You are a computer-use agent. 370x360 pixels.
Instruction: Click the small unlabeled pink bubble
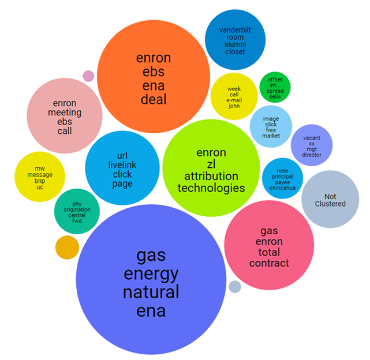[88, 76]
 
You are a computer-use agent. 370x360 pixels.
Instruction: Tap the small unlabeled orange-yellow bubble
[67, 247]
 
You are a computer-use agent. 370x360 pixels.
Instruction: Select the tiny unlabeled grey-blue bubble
[234, 286]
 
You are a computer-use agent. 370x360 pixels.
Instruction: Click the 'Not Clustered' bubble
[330, 200]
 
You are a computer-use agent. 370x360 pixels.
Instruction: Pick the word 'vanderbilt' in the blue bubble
[236, 29]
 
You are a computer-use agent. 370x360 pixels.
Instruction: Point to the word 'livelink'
[122, 165]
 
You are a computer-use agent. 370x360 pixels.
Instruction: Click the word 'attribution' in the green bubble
[211, 176]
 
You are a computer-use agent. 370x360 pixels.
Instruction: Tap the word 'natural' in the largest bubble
[151, 292]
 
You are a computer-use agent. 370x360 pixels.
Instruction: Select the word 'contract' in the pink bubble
[269, 263]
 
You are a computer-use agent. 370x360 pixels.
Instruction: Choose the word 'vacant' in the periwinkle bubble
[311, 138]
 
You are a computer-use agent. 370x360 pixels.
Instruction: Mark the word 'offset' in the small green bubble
[275, 79]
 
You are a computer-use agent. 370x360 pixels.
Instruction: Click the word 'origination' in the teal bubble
[77, 209]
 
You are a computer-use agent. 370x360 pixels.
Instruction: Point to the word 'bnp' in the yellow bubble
[40, 181]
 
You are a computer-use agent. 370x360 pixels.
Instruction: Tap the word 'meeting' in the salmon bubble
[65, 112]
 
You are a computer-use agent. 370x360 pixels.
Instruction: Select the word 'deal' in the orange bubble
[153, 99]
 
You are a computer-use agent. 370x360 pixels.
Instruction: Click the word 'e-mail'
[234, 100]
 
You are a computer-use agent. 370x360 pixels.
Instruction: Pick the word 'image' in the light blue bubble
[270, 119]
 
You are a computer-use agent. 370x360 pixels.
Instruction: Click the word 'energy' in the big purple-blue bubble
[151, 273]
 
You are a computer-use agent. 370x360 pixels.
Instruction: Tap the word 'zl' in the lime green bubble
[211, 164]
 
